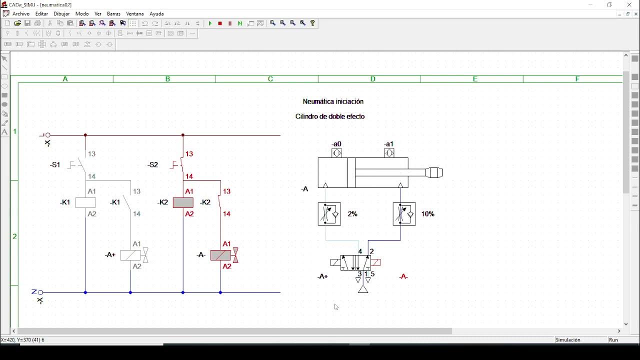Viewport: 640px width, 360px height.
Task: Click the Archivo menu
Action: pyautogui.click(x=20, y=13)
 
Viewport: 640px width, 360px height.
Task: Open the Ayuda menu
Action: pyautogui.click(x=156, y=13)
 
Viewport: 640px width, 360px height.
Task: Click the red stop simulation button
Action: pyautogui.click(x=220, y=23)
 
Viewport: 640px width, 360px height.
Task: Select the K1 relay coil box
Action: pyautogui.click(x=85, y=202)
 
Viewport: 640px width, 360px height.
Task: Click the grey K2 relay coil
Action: pyautogui.click(x=183, y=202)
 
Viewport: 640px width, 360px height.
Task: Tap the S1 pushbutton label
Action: pyautogui.click(x=55, y=164)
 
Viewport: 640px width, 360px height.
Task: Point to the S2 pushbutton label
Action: pyautogui.click(x=153, y=164)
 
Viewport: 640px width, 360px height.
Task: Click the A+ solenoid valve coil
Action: pyautogui.click(x=131, y=255)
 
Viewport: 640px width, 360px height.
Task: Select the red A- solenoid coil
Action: pyautogui.click(x=221, y=255)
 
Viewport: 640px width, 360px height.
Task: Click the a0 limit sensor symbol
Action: pyautogui.click(x=337, y=153)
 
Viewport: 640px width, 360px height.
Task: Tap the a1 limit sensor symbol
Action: pyautogui.click(x=389, y=153)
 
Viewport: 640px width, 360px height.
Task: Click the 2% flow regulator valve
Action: pyautogui.click(x=329, y=214)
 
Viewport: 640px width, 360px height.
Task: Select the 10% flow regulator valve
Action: pyautogui.click(x=404, y=214)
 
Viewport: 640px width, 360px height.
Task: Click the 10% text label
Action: pyautogui.click(x=427, y=214)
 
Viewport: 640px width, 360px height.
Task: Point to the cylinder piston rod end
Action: pyautogui.click(x=434, y=172)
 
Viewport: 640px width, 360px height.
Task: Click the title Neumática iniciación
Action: pyautogui.click(x=333, y=101)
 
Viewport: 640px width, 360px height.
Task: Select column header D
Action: pyautogui.click(x=372, y=79)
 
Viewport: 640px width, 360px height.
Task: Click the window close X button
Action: pyautogui.click(x=629, y=4)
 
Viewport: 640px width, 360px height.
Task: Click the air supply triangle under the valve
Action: pyautogui.click(x=363, y=289)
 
